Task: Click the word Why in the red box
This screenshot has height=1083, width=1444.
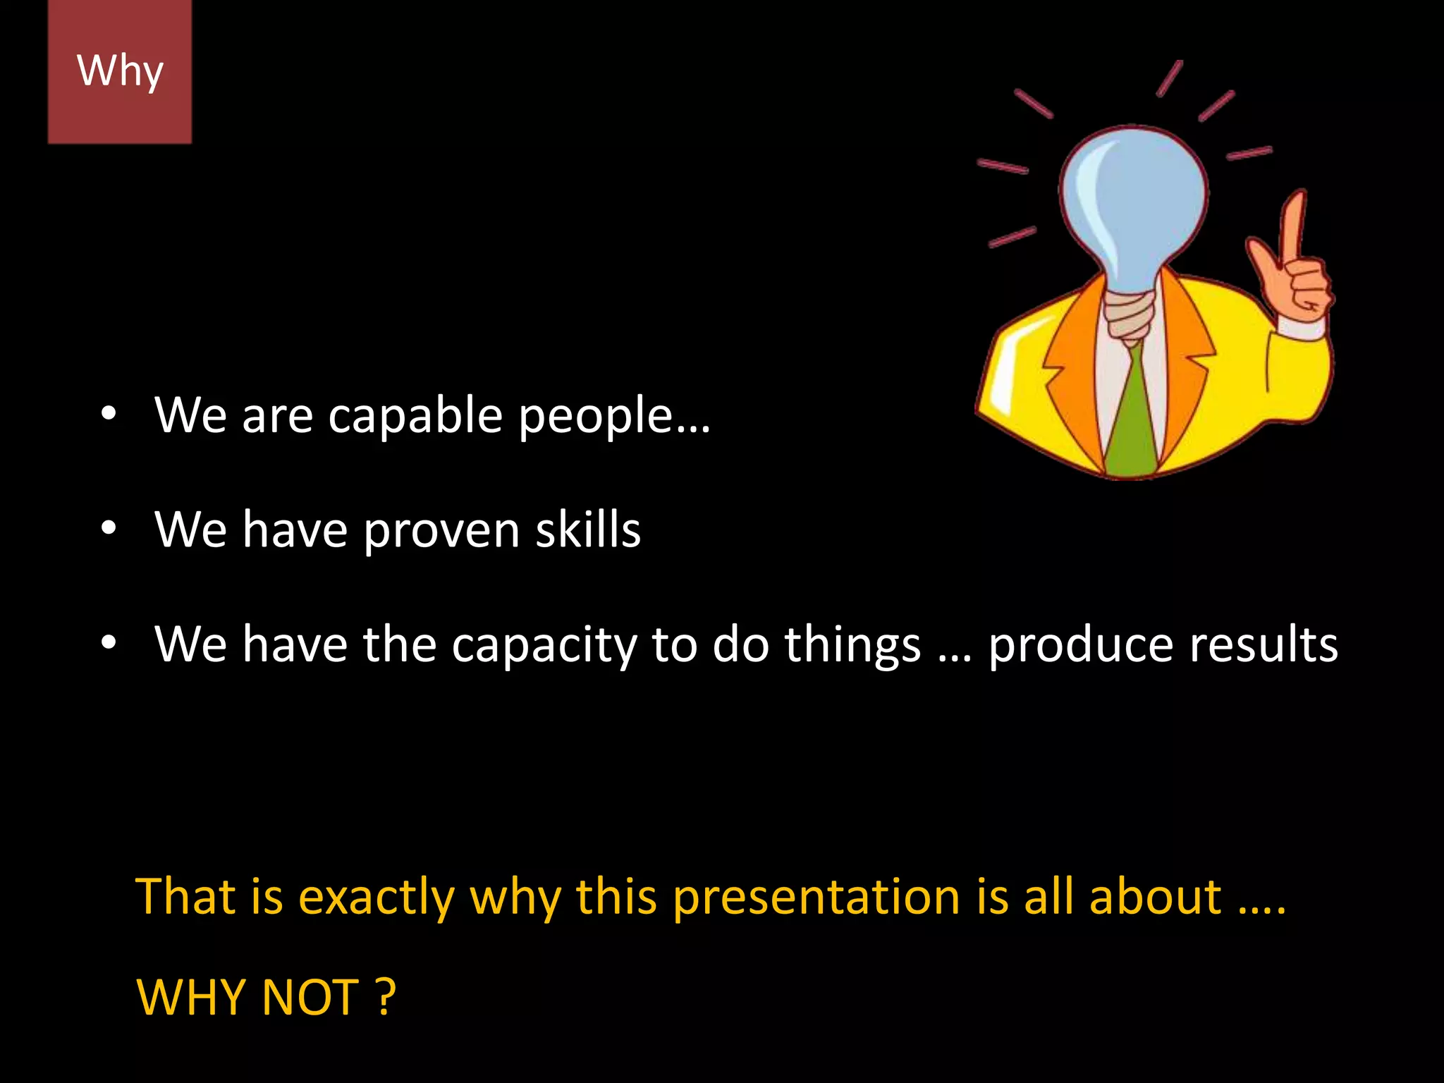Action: [x=120, y=71]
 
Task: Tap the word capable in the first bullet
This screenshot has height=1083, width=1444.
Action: [x=415, y=416]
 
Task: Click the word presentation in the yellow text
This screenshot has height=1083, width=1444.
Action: [x=816, y=898]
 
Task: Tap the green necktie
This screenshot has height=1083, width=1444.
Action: [x=1131, y=416]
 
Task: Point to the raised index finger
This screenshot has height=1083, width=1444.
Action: [x=1293, y=226]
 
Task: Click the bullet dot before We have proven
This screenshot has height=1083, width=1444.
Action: [x=107, y=529]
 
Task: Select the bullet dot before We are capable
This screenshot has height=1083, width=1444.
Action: [x=107, y=415]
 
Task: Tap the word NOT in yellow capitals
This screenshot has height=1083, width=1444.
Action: [x=310, y=998]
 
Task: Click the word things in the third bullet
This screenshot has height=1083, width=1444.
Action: [x=852, y=645]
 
